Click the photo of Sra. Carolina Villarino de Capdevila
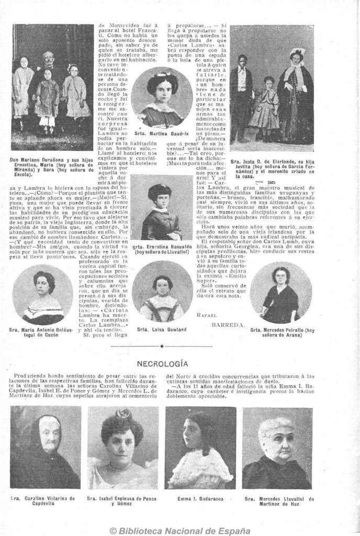coord(45,448)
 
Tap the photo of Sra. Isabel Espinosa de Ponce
coord(122,448)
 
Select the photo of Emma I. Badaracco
coord(200,448)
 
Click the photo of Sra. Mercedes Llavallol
coord(277,448)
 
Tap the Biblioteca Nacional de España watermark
coord(179,530)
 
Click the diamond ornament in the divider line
coord(162,345)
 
